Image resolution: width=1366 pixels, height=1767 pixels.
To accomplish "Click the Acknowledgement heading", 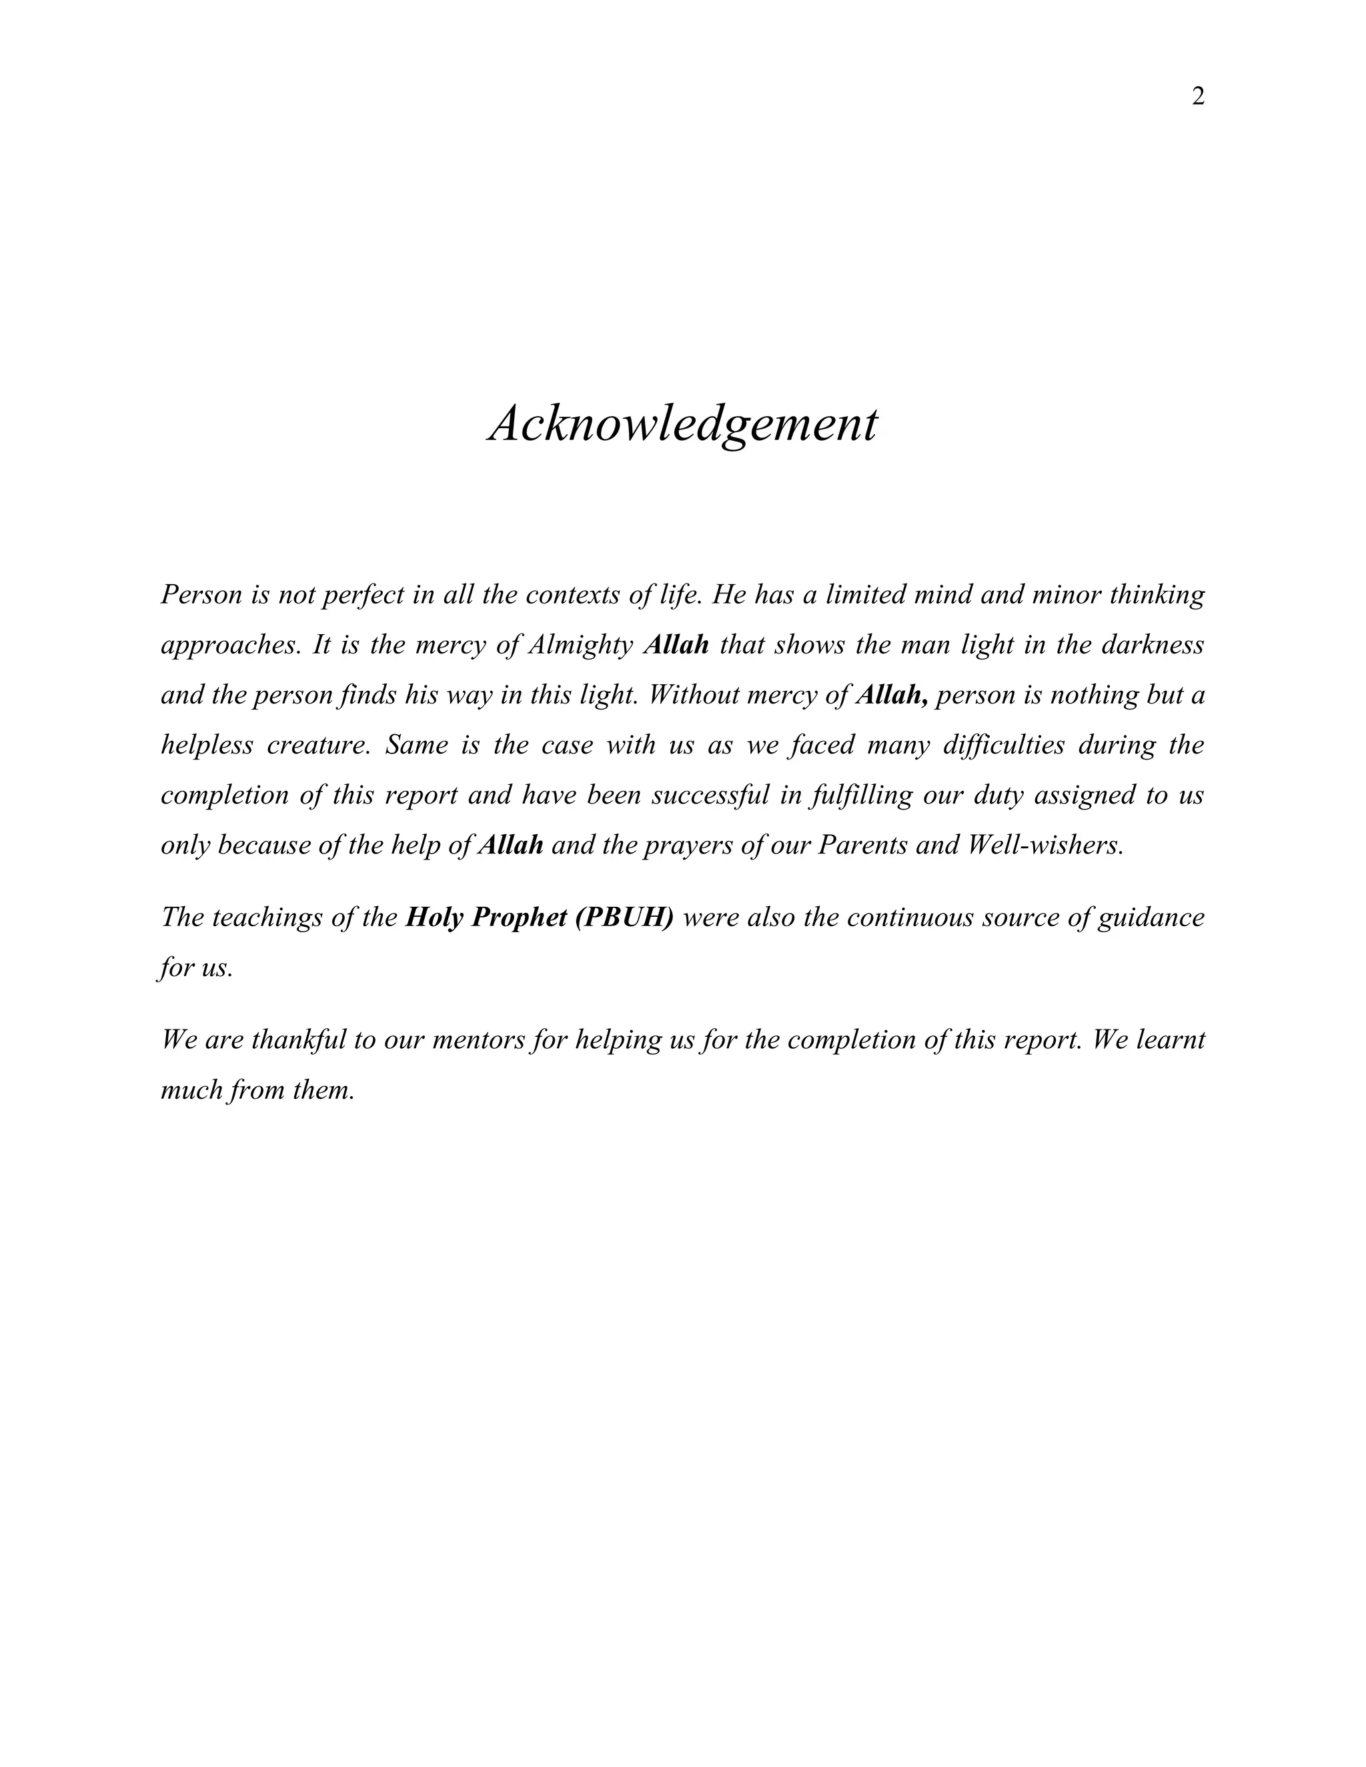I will point(682,424).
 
